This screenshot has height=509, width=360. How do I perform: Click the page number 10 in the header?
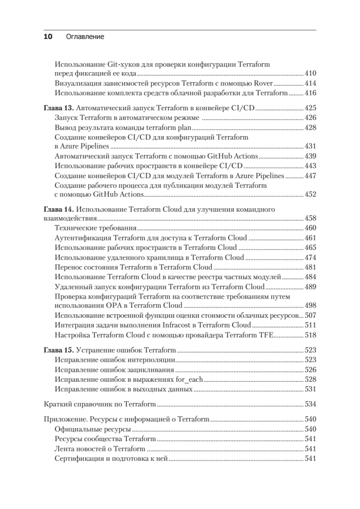coord(48,37)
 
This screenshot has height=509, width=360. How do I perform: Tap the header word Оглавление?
coord(85,37)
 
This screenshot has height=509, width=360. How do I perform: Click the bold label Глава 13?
coord(59,108)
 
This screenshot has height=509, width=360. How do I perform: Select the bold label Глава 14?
coord(59,209)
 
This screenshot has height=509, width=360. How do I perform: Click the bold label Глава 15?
coord(59,350)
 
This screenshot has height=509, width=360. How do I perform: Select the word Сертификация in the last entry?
coord(78,459)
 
